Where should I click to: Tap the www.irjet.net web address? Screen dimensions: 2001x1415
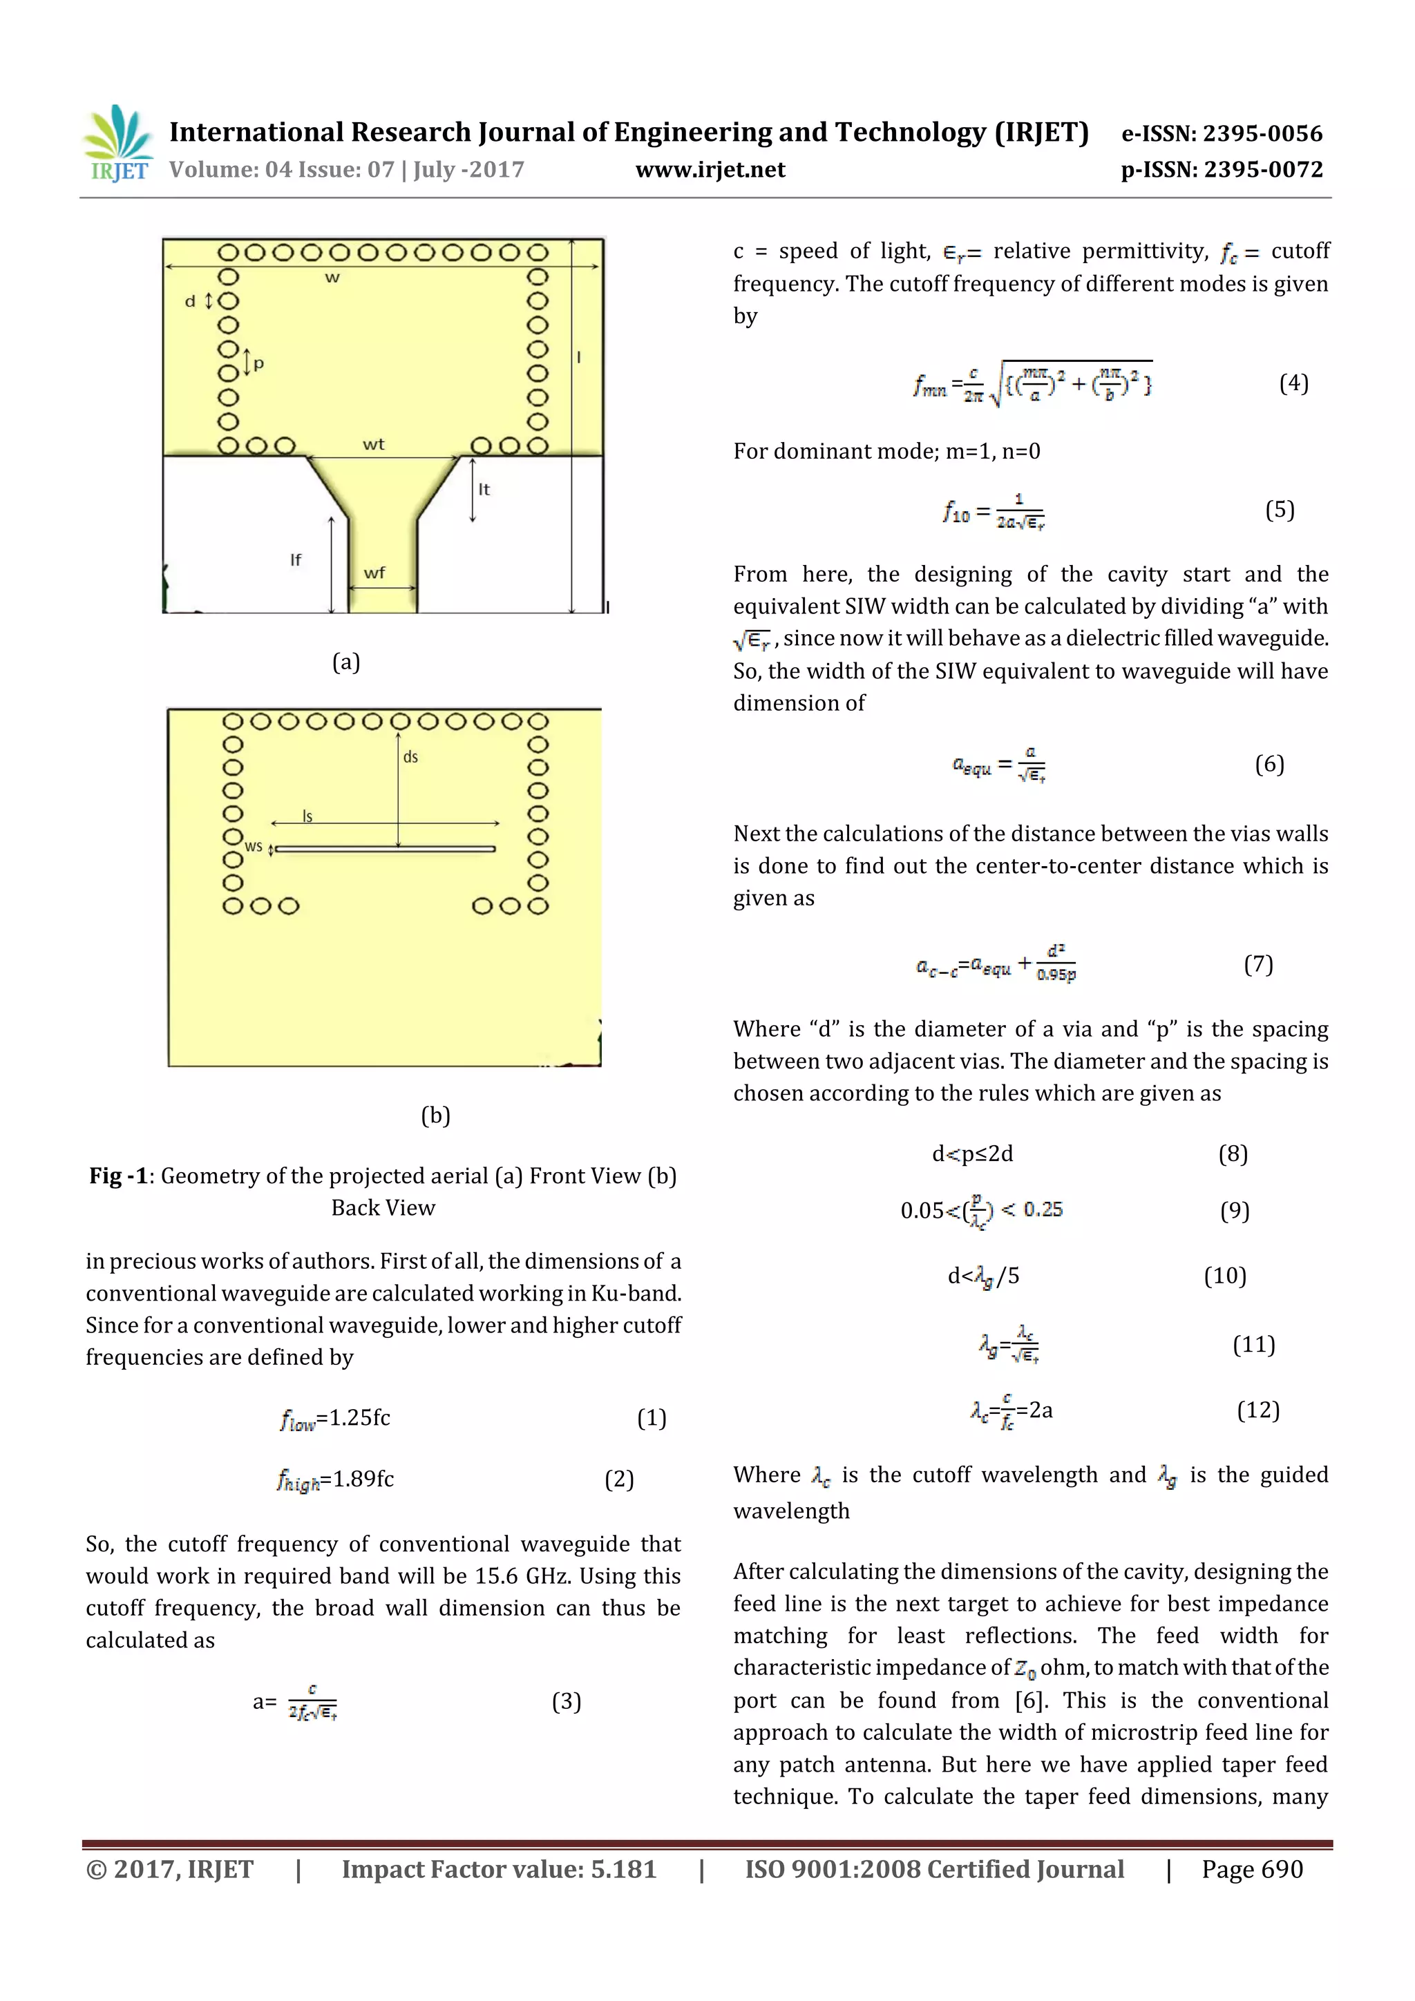[x=710, y=170]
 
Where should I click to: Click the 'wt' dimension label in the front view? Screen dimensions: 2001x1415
[x=373, y=444]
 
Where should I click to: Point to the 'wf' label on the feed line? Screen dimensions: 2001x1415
[x=374, y=573]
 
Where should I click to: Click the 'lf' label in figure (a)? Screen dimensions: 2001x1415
[x=296, y=559]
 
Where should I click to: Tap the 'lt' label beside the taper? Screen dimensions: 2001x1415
[x=484, y=490]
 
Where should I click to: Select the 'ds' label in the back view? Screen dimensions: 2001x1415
[x=410, y=757]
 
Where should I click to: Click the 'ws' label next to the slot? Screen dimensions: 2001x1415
[x=254, y=846]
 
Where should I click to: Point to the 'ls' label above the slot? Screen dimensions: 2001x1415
[x=307, y=816]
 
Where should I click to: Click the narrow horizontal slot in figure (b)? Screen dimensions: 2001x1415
[x=384, y=849]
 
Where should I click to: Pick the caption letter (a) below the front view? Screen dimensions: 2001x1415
[x=346, y=662]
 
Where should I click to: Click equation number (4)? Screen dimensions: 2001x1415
[x=1293, y=383]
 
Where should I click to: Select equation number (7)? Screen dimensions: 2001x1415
[x=1258, y=964]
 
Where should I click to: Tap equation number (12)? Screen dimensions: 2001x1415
[x=1258, y=1410]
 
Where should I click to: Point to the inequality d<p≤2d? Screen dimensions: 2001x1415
[x=972, y=1154]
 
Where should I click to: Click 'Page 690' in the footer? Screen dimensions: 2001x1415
[x=1252, y=1868]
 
